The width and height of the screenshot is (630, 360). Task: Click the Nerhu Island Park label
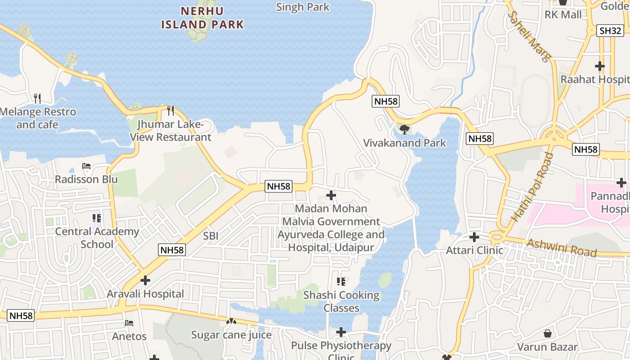[202, 17]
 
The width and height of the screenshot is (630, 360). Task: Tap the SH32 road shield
[611, 31]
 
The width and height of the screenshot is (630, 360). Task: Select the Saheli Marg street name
[529, 36]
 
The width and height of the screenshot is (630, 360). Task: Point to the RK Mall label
[563, 14]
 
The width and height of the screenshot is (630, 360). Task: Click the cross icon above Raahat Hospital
[599, 66]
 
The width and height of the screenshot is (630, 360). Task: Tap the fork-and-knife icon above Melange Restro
[37, 98]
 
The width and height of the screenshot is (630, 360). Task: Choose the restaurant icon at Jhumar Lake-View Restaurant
[171, 110]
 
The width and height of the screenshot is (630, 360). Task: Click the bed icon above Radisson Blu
[86, 166]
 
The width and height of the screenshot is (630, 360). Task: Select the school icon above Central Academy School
[96, 218]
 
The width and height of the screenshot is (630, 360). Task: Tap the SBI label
[211, 236]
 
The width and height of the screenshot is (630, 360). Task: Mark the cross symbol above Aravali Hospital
[145, 280]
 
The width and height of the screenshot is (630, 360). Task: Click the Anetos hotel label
[129, 336]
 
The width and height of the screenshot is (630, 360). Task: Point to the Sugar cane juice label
[231, 335]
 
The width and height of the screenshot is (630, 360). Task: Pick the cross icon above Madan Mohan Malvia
[331, 195]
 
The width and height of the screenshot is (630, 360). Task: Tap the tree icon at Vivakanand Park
[404, 130]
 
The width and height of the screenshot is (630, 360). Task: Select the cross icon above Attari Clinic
[474, 237]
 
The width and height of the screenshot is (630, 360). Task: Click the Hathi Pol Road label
[532, 187]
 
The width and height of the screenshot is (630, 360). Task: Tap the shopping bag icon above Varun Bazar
[548, 333]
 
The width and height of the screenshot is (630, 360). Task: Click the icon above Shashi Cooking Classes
[341, 282]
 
